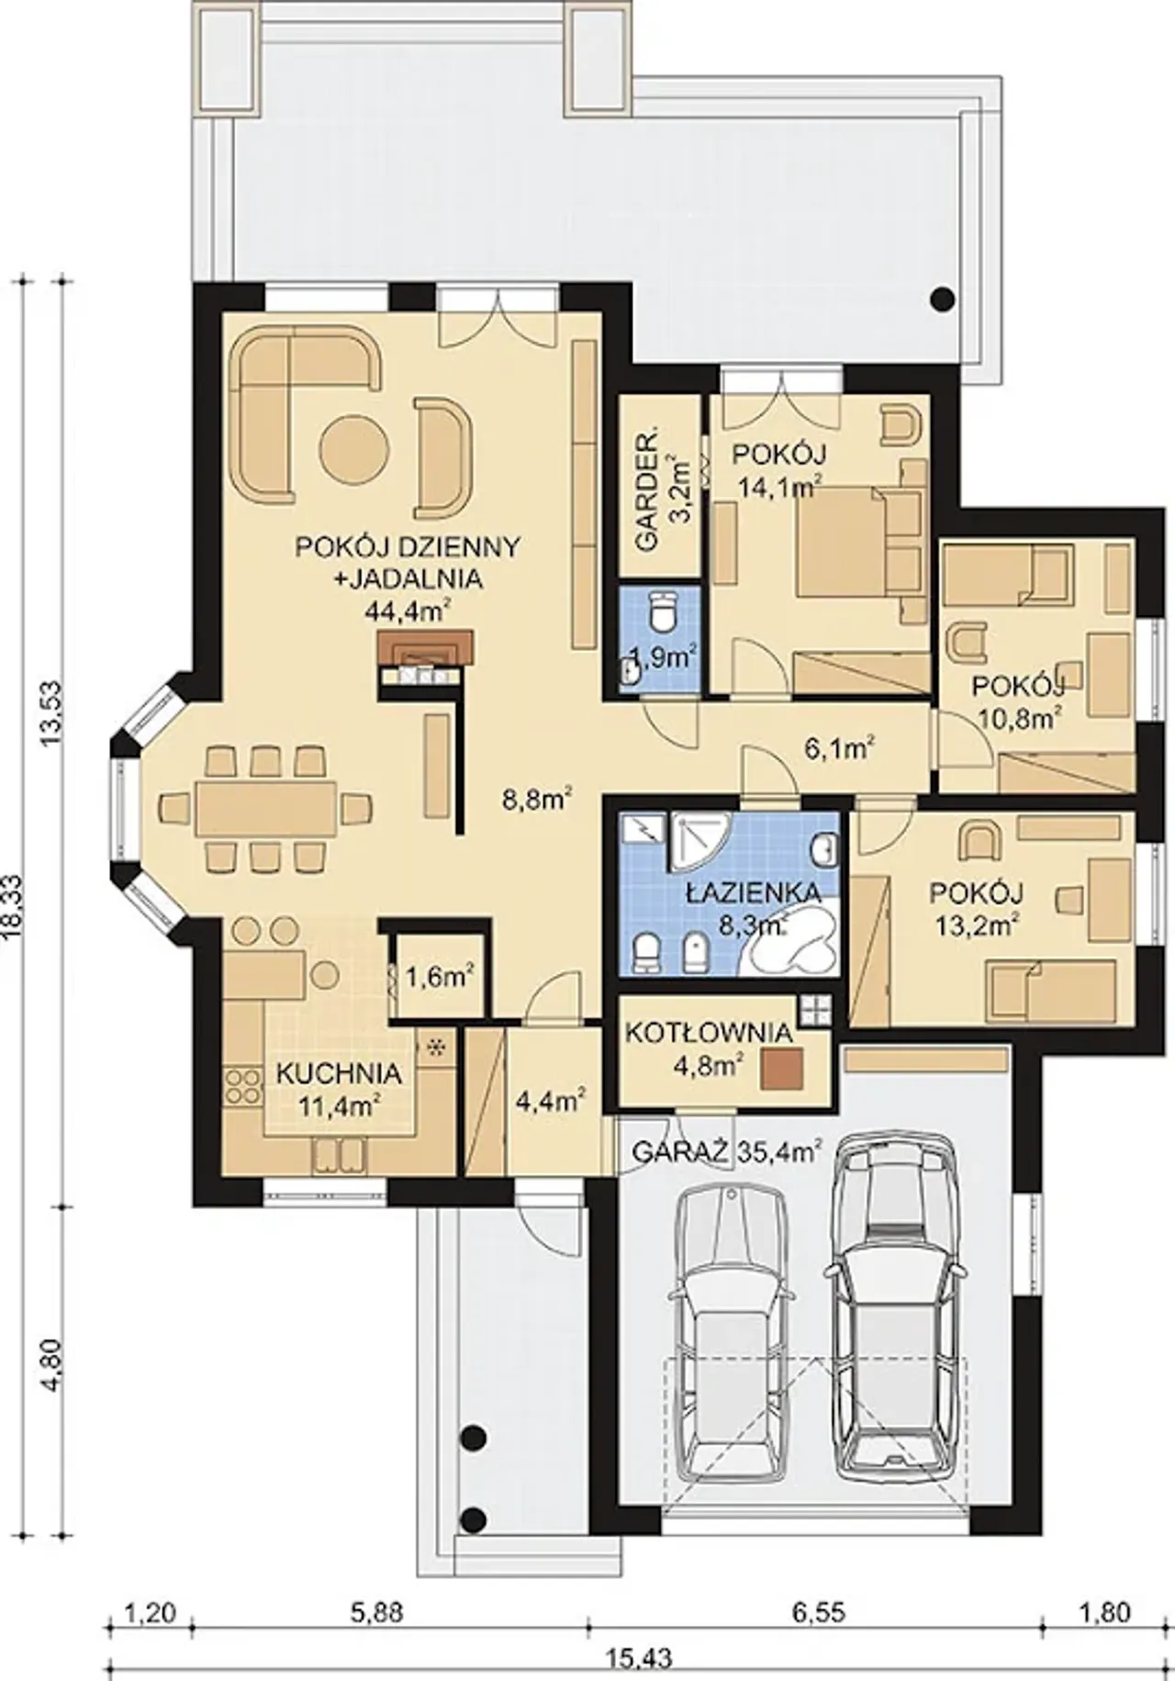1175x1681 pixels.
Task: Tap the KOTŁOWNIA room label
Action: (x=708, y=1032)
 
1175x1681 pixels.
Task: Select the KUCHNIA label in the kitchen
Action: (x=339, y=1073)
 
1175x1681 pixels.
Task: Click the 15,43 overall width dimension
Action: (x=640, y=1659)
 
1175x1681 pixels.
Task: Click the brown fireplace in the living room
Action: (x=424, y=645)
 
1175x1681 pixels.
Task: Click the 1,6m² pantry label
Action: (x=433, y=975)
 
